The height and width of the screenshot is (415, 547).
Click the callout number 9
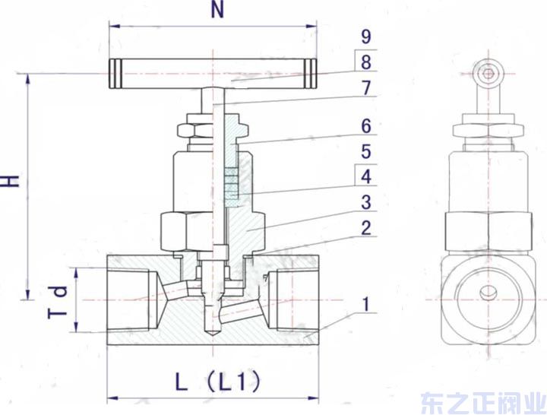pyautogui.click(x=366, y=36)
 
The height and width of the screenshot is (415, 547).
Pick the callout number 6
pyautogui.click(x=366, y=125)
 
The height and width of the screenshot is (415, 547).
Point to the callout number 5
pyautogui.click(x=366, y=150)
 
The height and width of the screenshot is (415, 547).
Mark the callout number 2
pyautogui.click(x=366, y=227)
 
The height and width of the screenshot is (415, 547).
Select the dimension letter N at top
pyautogui.click(x=217, y=11)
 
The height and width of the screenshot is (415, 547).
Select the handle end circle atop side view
pyautogui.click(x=485, y=74)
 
